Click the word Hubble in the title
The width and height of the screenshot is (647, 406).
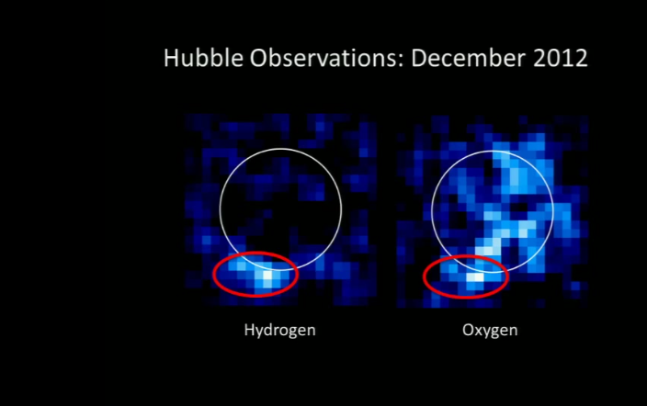click(x=203, y=58)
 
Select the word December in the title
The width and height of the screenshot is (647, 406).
click(x=469, y=58)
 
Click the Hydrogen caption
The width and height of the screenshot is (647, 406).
click(x=279, y=331)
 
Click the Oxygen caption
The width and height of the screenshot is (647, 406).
click(x=490, y=331)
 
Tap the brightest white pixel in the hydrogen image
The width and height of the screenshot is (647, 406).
click(x=267, y=275)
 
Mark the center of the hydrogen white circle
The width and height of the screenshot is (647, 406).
click(x=280, y=209)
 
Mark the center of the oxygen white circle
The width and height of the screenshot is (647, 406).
click(x=493, y=212)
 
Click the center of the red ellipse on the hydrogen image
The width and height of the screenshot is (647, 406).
click(x=255, y=274)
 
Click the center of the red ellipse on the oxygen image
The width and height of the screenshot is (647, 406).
click(x=465, y=276)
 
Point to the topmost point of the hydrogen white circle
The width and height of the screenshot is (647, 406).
click(x=280, y=149)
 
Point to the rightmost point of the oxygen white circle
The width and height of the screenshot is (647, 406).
click(x=553, y=212)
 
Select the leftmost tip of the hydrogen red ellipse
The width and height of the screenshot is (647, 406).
click(x=214, y=275)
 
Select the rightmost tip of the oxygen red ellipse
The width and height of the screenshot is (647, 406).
click(x=507, y=276)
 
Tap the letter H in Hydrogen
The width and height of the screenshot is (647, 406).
click(x=249, y=330)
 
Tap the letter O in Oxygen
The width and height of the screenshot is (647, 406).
click(x=468, y=330)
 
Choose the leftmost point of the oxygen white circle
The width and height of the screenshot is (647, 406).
click(x=432, y=212)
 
